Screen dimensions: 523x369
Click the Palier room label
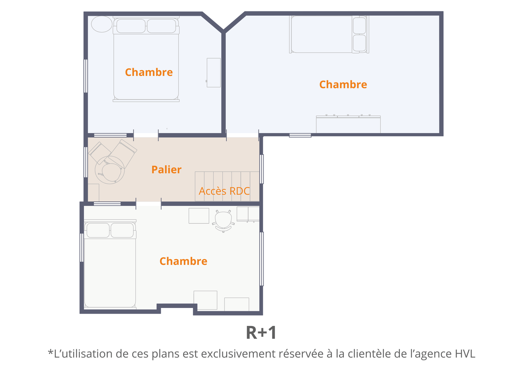click(x=166, y=170)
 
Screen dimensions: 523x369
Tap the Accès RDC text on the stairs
click(x=224, y=191)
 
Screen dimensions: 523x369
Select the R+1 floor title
click(x=261, y=332)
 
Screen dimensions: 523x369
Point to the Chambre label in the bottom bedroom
click(x=183, y=261)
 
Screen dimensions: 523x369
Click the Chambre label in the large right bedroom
click(x=343, y=85)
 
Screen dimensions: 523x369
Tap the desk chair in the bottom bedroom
click(x=224, y=221)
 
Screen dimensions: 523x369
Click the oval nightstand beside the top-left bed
click(x=102, y=24)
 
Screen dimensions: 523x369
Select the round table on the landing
click(x=110, y=170)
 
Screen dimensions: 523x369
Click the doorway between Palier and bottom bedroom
click(x=148, y=204)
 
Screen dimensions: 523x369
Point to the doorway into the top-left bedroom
click(x=146, y=135)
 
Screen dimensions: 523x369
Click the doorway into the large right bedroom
click(x=242, y=135)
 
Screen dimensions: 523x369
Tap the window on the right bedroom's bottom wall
click(x=300, y=135)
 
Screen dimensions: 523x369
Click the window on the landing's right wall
click(x=262, y=169)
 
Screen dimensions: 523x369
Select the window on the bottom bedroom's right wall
click(x=262, y=259)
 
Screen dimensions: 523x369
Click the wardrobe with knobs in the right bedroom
click(x=348, y=124)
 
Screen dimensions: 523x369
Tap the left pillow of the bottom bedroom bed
click(x=98, y=230)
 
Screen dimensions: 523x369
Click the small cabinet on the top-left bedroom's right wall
click(x=213, y=73)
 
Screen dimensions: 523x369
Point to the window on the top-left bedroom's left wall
click(x=86, y=76)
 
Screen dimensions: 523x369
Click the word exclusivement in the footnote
click(x=238, y=354)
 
